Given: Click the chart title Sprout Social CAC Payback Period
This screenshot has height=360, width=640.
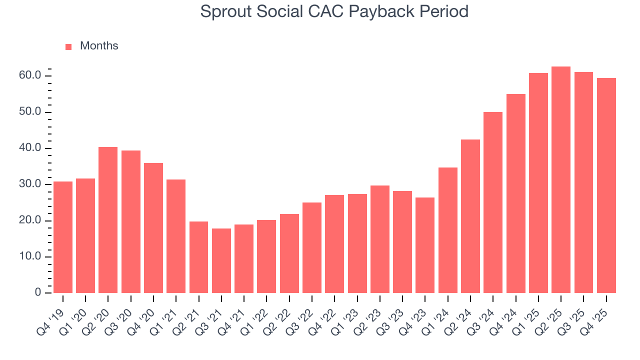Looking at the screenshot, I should (334, 11).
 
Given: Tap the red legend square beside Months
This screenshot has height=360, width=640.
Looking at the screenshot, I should (68, 46).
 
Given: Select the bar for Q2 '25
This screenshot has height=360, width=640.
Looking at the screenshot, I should (561, 179).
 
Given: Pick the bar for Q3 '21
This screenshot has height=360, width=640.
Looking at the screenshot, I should (221, 260).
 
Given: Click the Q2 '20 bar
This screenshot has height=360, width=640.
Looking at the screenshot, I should (108, 220).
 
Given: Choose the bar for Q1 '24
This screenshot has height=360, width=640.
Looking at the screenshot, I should (448, 230).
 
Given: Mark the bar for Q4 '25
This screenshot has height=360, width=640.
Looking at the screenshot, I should (606, 185).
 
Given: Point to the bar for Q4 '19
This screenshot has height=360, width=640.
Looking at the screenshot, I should (63, 237).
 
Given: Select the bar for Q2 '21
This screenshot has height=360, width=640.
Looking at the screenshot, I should (198, 257).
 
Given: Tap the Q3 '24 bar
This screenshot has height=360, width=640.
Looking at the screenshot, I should (493, 202).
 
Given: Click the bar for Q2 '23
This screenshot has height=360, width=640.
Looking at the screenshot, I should (380, 239).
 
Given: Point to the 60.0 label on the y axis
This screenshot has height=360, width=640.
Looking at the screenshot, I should (30, 75).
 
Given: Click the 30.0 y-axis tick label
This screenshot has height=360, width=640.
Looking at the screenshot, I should (30, 184).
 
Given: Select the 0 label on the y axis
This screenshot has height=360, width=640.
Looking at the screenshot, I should (37, 293).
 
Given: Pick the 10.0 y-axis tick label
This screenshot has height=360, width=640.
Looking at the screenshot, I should (30, 257).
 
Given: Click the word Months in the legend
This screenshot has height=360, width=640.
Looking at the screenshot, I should (99, 46).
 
